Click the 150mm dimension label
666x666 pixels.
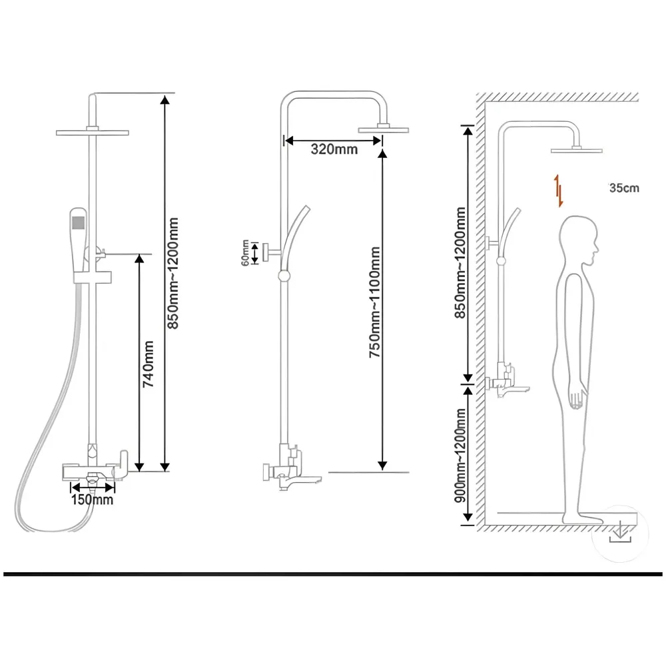(93, 499)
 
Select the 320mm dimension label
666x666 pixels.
(334, 149)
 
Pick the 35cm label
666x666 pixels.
(623, 188)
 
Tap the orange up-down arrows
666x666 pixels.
(559, 190)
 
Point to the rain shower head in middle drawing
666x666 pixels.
(383, 129)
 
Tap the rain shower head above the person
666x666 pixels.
(577, 149)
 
